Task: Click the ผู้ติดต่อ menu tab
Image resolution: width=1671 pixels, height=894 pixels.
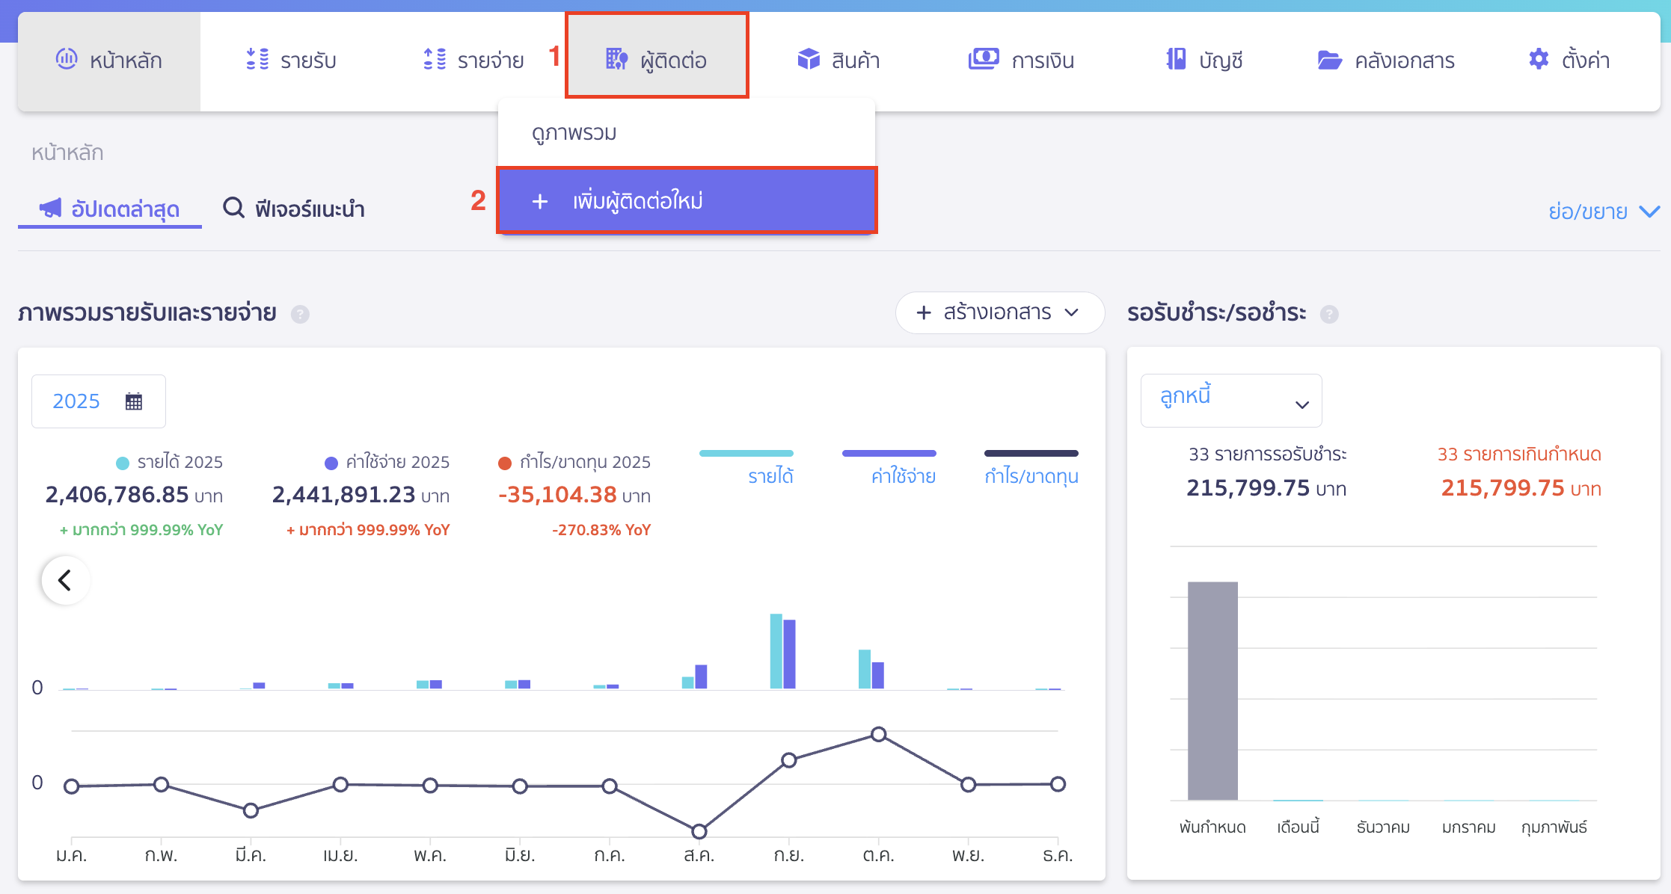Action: [657, 59]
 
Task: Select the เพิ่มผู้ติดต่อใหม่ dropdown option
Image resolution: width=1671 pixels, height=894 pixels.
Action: [686, 201]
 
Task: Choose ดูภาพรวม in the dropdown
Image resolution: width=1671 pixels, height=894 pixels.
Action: [574, 133]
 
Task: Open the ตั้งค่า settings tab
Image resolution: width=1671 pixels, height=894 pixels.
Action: [1569, 60]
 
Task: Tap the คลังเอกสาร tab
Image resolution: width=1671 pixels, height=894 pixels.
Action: [1385, 60]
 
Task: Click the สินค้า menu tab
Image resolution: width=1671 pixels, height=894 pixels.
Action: [838, 60]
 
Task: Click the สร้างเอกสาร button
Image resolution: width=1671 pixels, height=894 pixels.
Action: [999, 312]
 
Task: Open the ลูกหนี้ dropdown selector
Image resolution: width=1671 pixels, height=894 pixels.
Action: [1230, 401]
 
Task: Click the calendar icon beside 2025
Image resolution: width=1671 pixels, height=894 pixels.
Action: [134, 401]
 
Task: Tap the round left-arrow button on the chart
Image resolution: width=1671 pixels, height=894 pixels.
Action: [66, 580]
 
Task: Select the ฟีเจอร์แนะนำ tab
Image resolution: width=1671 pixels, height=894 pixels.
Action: [294, 209]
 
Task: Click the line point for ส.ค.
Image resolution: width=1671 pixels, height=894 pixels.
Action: [699, 831]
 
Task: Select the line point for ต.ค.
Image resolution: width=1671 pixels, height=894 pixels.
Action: [879, 734]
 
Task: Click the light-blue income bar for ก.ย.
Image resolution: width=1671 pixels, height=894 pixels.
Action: [776, 650]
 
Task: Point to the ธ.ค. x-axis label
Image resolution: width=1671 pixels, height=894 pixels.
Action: [1057, 855]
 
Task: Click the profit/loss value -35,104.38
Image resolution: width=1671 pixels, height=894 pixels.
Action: [558, 495]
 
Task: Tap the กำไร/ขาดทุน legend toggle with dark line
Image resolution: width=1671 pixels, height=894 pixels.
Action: [1031, 467]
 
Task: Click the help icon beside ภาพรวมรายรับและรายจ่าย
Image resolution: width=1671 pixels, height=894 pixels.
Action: [300, 314]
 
